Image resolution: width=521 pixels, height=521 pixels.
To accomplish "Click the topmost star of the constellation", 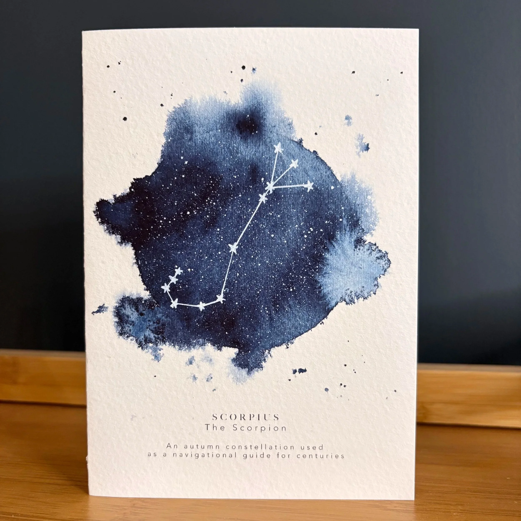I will (278, 148).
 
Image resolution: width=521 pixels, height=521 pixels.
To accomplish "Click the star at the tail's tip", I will (178, 271).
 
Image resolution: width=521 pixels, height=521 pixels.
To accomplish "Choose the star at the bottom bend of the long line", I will (220, 298).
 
